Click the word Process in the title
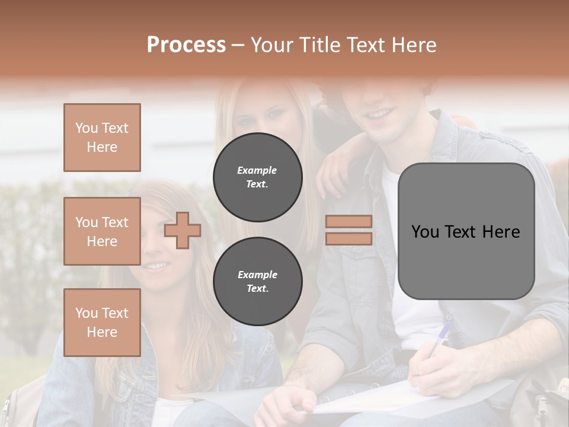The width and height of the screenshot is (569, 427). pyautogui.click(x=186, y=45)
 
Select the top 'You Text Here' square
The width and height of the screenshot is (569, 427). pyautogui.click(x=102, y=138)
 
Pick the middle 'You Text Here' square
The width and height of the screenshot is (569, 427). pyautogui.click(x=102, y=231)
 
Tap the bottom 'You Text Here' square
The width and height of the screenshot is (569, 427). pyautogui.click(x=102, y=323)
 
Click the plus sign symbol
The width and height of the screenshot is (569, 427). pyautogui.click(x=183, y=230)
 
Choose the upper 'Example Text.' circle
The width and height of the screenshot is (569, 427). pyautogui.click(x=257, y=177)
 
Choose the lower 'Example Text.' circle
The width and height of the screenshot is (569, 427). pyautogui.click(x=257, y=282)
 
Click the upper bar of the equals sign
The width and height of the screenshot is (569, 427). pyautogui.click(x=349, y=221)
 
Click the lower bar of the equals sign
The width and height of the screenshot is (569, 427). pyautogui.click(x=349, y=238)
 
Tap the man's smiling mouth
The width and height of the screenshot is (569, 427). pyautogui.click(x=380, y=113)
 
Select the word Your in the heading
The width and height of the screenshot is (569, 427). pyautogui.click(x=272, y=45)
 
